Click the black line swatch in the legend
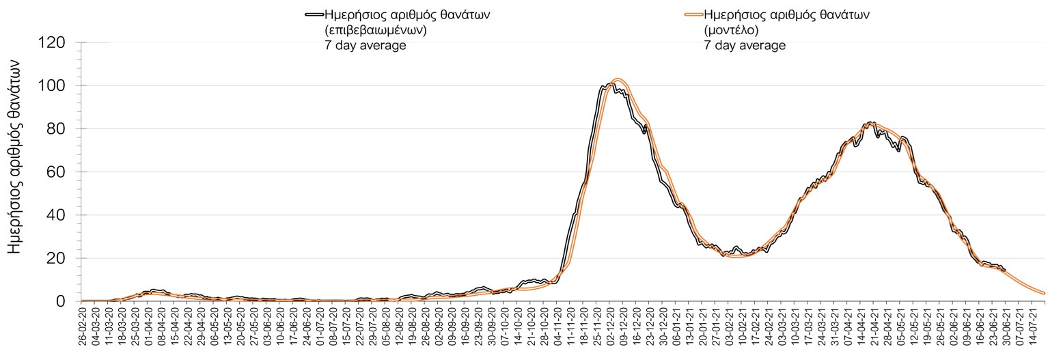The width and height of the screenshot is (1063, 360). [314, 14]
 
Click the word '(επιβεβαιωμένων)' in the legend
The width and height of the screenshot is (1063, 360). [376, 30]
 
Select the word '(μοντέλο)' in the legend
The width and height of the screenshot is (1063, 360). [732, 30]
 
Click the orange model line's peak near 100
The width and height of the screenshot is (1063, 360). [618, 80]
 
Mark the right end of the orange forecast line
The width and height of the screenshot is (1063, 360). [1045, 293]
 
